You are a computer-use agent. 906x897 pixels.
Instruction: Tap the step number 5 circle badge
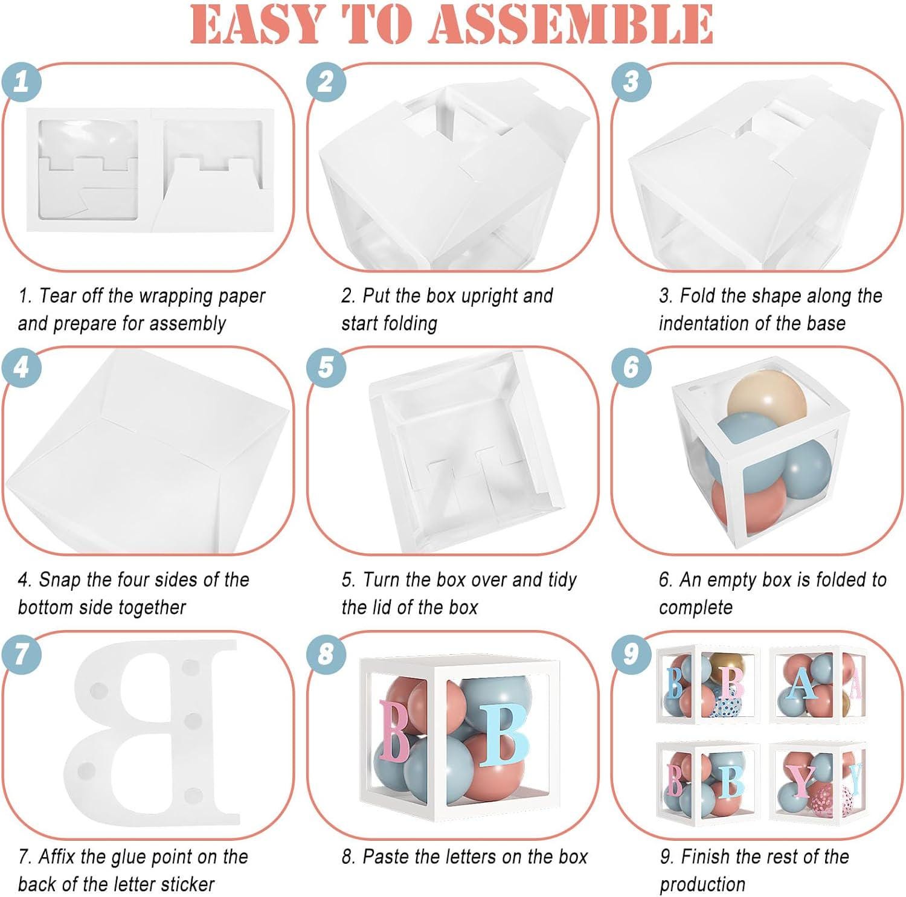[x=326, y=367]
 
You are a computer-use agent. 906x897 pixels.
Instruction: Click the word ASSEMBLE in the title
[x=571, y=25]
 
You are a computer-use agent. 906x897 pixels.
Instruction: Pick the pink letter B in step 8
[x=394, y=730]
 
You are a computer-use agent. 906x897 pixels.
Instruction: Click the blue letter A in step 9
[x=802, y=684]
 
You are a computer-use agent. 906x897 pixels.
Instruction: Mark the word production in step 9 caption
[x=702, y=885]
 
